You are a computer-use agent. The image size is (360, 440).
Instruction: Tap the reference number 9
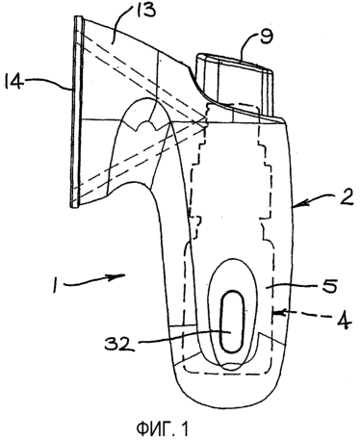[267, 37]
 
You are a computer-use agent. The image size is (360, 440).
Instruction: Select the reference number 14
[13, 82]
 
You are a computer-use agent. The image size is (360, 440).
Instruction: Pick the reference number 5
[329, 285]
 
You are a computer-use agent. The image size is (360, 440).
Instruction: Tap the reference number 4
[344, 321]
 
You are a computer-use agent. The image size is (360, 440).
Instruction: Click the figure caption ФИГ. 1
[163, 428]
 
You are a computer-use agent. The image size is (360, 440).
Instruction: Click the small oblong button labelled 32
[232, 322]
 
